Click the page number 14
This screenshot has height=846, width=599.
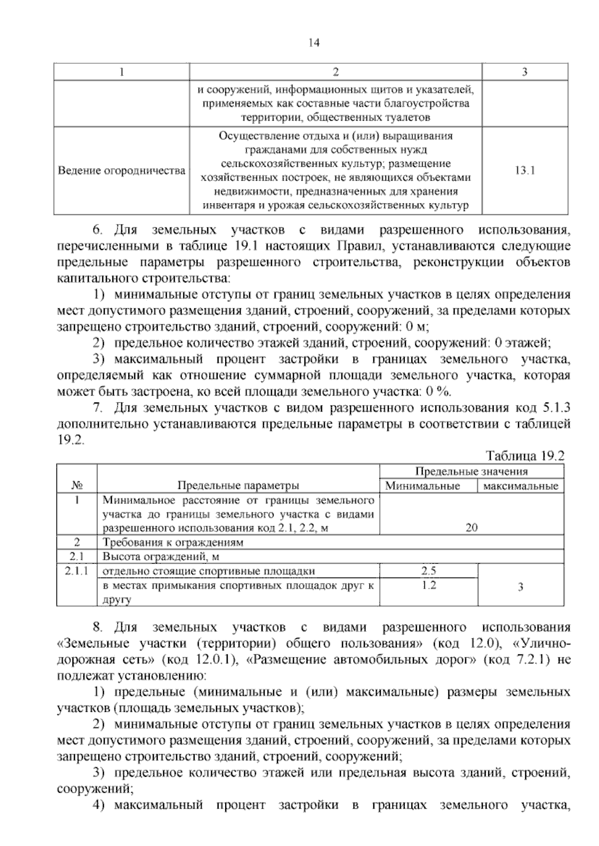click(x=313, y=42)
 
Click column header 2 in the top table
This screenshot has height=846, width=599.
click(x=335, y=72)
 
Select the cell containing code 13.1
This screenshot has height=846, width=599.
click(x=524, y=171)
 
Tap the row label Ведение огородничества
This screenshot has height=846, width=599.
click(x=121, y=171)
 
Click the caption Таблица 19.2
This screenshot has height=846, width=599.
click(x=525, y=455)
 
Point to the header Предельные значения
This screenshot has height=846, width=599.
click(x=471, y=471)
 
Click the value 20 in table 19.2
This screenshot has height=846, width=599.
click(x=471, y=528)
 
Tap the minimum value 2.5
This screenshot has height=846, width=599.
click(x=428, y=571)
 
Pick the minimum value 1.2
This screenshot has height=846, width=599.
click(x=428, y=585)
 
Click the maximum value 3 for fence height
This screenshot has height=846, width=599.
click(x=520, y=587)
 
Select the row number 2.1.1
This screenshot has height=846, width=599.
click(x=76, y=571)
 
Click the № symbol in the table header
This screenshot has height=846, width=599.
click(x=76, y=485)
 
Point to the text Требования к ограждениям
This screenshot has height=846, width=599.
click(x=173, y=542)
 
